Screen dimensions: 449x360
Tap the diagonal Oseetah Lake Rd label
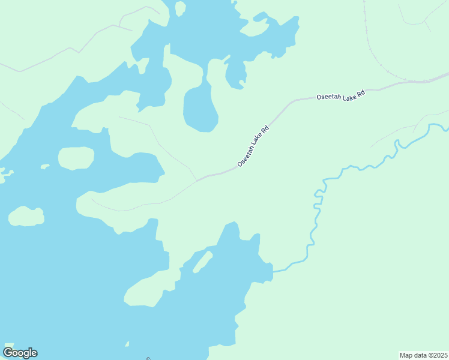point(253,146)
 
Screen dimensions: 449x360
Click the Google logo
point(20,353)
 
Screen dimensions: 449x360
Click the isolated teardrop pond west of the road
point(199,108)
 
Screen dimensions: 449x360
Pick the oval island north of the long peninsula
point(76,158)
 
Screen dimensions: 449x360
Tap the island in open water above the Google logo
point(26,217)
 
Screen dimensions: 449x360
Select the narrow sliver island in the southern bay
point(202,262)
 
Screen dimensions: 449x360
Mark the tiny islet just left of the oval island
point(44,166)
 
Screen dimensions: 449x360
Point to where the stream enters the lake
point(274,271)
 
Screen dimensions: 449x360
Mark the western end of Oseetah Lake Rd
point(198,179)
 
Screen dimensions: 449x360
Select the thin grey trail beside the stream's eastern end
point(393,134)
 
